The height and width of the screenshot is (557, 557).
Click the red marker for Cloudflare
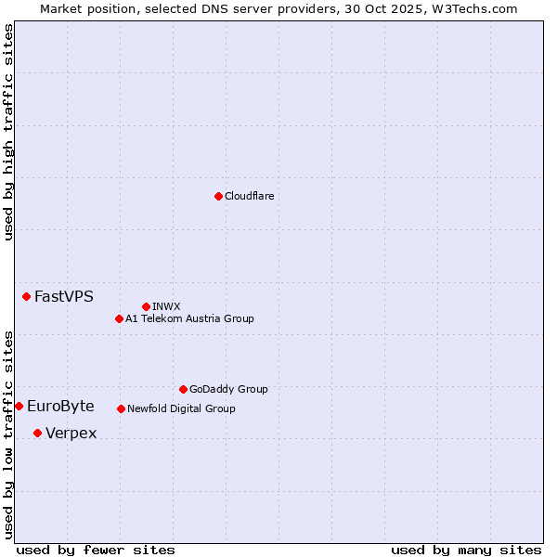click(x=218, y=196)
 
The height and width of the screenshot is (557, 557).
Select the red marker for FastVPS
click(x=26, y=296)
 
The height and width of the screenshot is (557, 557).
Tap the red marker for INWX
click(x=146, y=306)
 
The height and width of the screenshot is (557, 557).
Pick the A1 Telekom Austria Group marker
click(x=119, y=318)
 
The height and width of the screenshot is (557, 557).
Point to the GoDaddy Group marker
click(x=183, y=389)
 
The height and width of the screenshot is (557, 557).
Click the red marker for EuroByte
click(x=19, y=406)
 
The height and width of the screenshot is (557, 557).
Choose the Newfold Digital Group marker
click(x=121, y=408)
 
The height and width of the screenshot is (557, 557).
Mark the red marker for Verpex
click(x=37, y=433)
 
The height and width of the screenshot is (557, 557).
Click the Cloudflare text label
click(x=249, y=196)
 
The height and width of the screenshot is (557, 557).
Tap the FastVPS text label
click(x=64, y=297)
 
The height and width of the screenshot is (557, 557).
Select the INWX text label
click(x=166, y=306)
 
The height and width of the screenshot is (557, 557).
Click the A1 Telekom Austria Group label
click(x=189, y=318)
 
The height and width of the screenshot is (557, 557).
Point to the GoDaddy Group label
click(x=228, y=389)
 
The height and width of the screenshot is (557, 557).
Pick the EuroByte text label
click(x=60, y=407)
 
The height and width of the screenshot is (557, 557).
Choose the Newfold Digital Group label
click(x=181, y=408)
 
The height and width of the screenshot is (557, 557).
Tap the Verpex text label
click(x=71, y=434)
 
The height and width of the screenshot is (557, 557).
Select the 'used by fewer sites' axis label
click(x=96, y=550)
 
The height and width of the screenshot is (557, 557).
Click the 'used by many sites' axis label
click(x=466, y=550)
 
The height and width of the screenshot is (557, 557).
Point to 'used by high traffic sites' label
click(x=8, y=132)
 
